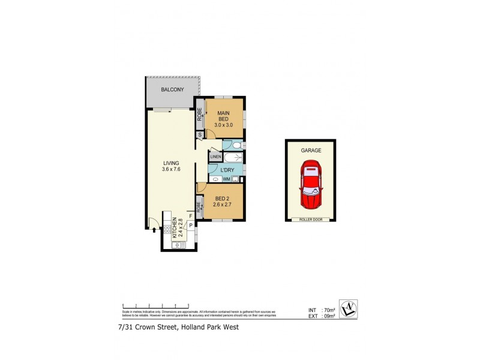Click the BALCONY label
click(172, 90)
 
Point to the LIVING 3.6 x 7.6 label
click(171, 166)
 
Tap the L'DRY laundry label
click(227, 170)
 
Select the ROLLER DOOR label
click(311, 219)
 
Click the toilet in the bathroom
click(236, 145)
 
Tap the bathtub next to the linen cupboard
click(233, 157)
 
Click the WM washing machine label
click(227, 178)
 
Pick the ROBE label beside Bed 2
click(198, 210)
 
